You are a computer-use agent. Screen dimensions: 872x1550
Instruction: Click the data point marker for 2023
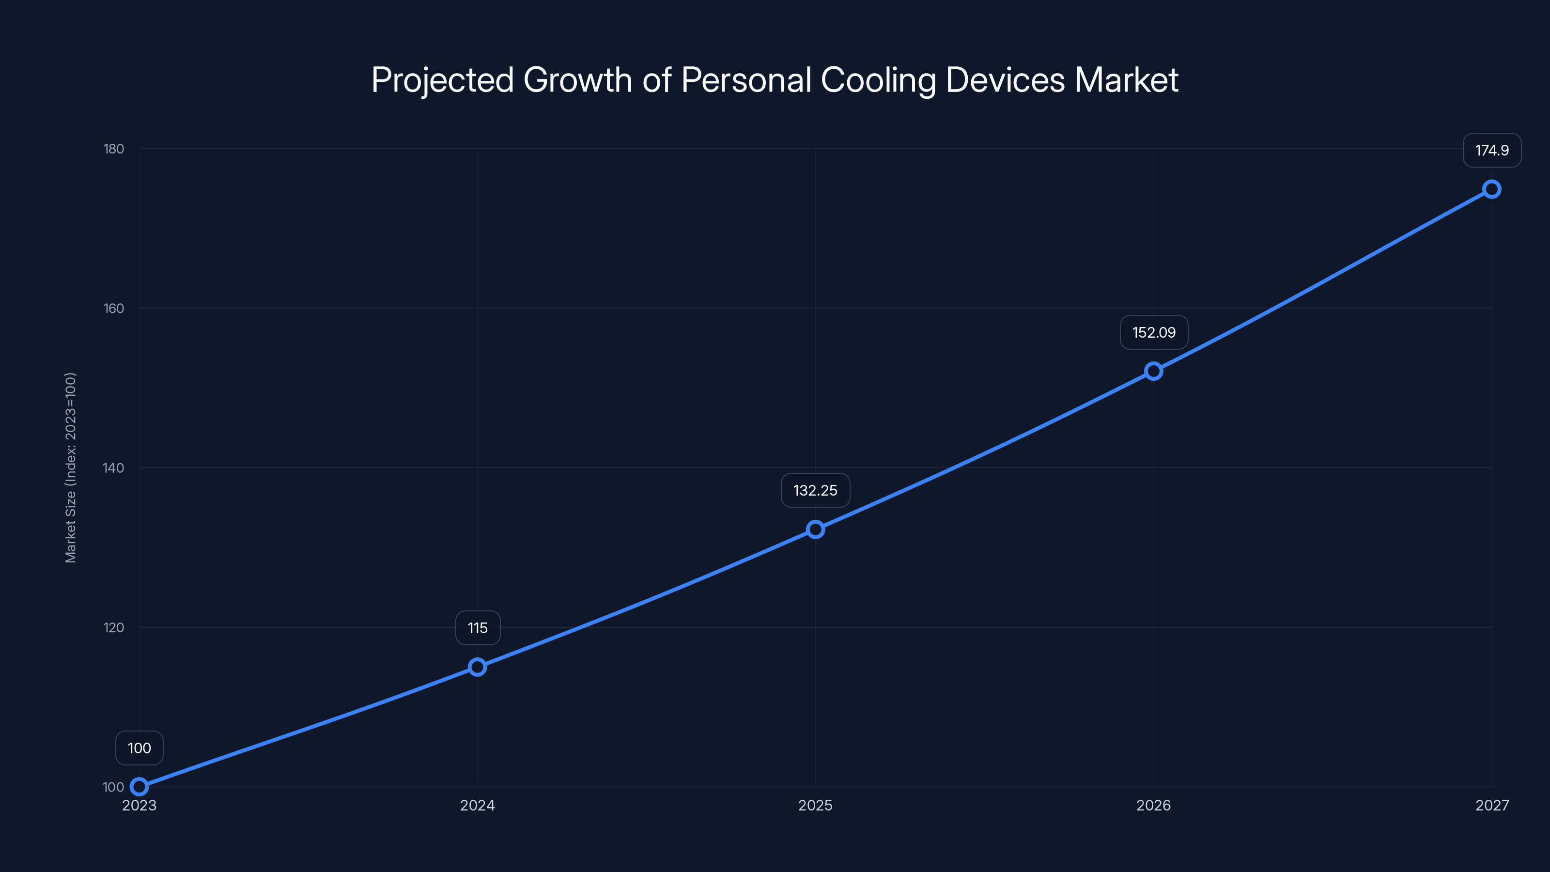point(139,787)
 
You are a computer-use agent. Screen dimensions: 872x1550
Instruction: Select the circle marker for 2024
point(477,667)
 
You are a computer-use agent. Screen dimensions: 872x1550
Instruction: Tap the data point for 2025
point(815,529)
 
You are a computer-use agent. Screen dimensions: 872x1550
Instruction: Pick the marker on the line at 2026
point(1153,371)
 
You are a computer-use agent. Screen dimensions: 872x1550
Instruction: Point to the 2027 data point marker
point(1492,189)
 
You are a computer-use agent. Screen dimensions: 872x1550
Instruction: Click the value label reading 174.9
point(1492,151)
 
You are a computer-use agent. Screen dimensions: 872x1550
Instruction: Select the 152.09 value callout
point(1153,332)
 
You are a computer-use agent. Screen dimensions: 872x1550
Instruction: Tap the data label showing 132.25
point(815,490)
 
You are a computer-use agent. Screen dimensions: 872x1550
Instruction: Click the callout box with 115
point(477,628)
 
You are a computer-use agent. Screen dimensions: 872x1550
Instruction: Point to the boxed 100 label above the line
point(139,748)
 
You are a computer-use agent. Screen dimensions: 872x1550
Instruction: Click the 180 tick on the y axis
point(114,149)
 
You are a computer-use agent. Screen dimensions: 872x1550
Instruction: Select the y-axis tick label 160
point(114,308)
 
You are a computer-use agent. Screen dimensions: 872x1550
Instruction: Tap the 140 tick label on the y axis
point(114,467)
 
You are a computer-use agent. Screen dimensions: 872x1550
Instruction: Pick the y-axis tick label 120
point(114,627)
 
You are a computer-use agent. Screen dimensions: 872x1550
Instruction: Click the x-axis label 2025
point(815,805)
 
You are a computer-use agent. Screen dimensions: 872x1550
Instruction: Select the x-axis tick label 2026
point(1153,805)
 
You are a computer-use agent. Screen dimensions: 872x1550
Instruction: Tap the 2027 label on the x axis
point(1492,805)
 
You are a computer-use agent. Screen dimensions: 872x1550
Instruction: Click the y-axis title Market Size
point(70,467)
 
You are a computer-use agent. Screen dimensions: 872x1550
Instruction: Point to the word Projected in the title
point(442,80)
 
